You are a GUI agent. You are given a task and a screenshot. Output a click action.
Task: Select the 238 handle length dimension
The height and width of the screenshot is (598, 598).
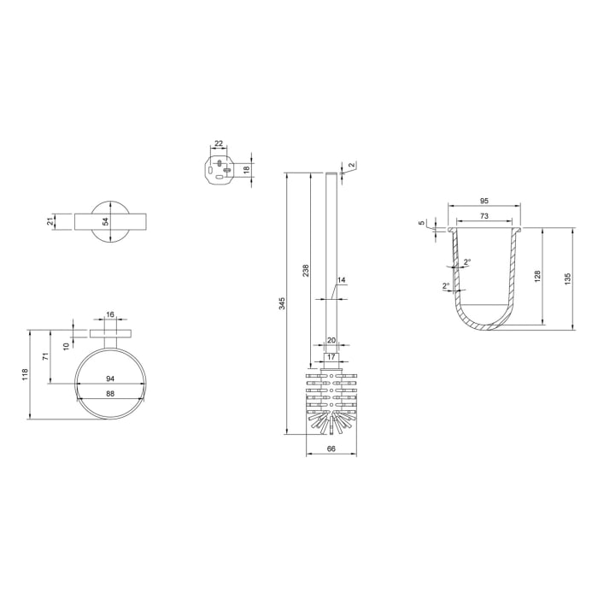(306, 270)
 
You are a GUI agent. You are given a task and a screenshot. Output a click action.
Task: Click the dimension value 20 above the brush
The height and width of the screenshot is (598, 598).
(331, 339)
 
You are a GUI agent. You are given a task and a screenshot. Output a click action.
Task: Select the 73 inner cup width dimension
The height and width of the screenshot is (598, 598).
(484, 217)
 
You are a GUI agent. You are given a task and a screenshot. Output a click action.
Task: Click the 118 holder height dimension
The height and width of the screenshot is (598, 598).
(26, 373)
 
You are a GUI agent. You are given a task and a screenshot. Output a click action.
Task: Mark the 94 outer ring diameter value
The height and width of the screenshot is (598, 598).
(110, 378)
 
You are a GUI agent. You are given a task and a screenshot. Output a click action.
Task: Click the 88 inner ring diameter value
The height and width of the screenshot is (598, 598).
(110, 393)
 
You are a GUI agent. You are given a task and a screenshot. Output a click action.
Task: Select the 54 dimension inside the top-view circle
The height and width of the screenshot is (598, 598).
(106, 221)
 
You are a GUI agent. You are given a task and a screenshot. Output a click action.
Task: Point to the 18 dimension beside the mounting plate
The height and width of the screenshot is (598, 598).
(248, 169)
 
